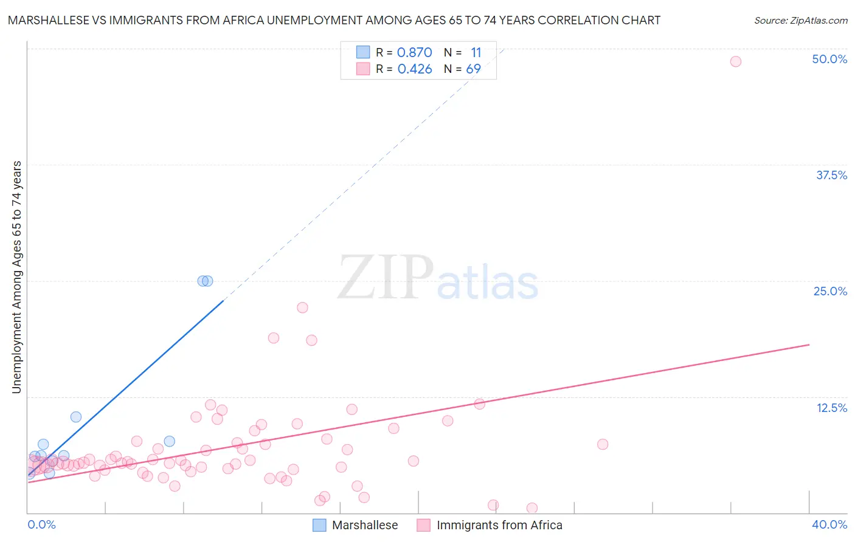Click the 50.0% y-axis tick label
click(829, 60)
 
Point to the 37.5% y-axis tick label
click(831, 176)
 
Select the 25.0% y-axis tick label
click(830, 292)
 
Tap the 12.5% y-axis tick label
click(831, 408)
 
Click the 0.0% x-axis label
click(41, 524)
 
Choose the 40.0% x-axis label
click(829, 524)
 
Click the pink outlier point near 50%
click(735, 61)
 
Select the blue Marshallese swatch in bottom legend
click(319, 525)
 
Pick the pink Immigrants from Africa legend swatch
click(423, 525)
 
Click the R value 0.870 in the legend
click(414, 53)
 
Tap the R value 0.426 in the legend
click(414, 69)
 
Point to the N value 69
click(473, 69)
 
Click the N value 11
click(476, 53)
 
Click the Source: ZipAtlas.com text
click(800, 21)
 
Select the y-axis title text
click(17, 277)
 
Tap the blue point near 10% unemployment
click(76, 417)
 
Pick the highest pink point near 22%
click(302, 307)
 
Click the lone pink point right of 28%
click(603, 444)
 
